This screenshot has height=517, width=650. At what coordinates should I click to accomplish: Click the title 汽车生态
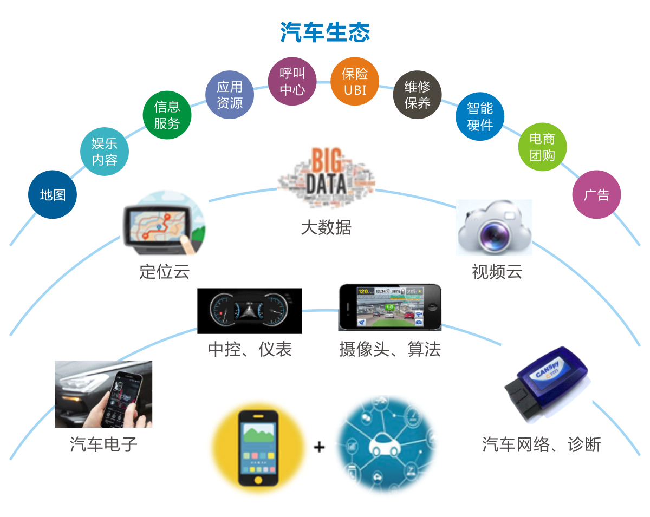coord(325,32)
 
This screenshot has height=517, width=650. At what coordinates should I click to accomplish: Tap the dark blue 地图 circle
coord(53,195)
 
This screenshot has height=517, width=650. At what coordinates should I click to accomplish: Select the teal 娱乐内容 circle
coord(105,152)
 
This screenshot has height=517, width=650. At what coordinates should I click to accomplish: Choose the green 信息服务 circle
coord(167,115)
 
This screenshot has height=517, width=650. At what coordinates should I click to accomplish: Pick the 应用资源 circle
coord(230,95)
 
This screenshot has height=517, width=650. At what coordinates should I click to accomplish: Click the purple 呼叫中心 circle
coord(292,81)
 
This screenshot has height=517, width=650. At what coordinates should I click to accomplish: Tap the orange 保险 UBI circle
coord(355,81)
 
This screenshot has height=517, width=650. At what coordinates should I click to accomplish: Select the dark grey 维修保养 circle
coord(417,94)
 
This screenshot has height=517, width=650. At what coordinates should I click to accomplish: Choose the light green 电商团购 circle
coord(542,147)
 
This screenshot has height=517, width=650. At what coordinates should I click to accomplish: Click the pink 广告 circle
coord(596,195)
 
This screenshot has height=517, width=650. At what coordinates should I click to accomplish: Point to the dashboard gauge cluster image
coord(250,311)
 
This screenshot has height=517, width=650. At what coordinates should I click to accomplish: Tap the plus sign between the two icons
coord(320,447)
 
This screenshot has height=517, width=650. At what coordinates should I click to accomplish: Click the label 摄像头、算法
coord(390,349)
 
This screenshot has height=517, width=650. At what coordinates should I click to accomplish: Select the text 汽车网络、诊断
coord(542,444)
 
